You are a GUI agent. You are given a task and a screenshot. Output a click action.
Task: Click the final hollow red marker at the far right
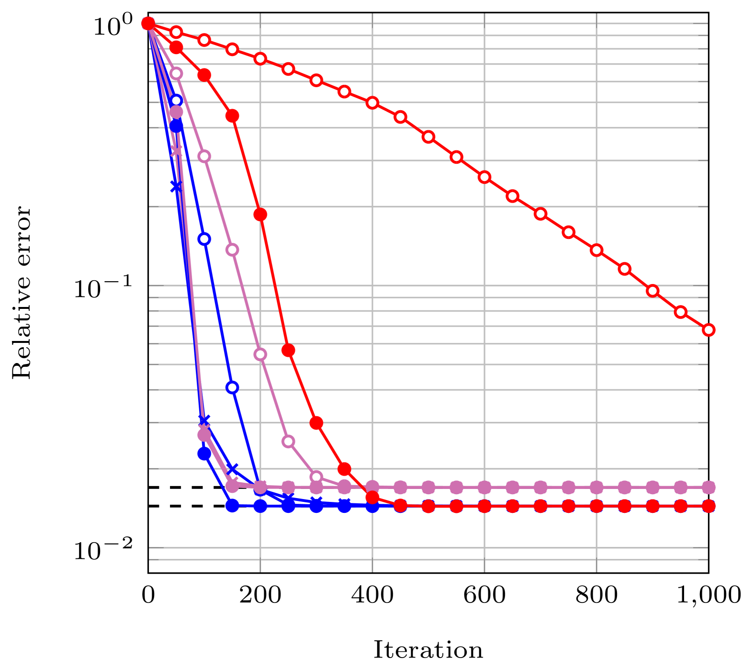[x=708, y=329]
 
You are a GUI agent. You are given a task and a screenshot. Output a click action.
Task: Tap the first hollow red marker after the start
[x=176, y=32]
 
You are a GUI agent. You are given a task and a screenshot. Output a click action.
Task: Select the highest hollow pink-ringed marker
[x=176, y=73]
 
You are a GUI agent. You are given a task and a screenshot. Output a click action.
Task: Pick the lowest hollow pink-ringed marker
[x=316, y=477]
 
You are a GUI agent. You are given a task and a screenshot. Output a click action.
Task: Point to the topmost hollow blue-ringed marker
[x=176, y=101]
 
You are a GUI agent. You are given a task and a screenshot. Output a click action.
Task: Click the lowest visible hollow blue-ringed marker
[x=232, y=387]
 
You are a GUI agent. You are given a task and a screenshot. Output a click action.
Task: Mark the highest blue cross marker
[x=176, y=186]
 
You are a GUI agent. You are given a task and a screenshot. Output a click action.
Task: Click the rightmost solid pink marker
[x=708, y=488]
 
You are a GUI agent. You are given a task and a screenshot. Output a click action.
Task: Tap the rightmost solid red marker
[x=708, y=506]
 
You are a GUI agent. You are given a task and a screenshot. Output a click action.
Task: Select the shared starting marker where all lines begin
[x=148, y=23]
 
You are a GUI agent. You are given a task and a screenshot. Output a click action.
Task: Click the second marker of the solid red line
[x=176, y=47]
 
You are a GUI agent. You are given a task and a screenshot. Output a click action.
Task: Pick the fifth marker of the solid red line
[x=260, y=214]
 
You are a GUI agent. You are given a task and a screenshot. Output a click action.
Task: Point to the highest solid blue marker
[x=176, y=125]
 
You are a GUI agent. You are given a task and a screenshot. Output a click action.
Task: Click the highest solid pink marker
[x=176, y=112]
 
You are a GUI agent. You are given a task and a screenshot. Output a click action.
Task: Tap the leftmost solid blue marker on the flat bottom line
[x=232, y=506]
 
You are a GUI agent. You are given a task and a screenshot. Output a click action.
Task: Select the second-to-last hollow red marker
[x=680, y=312]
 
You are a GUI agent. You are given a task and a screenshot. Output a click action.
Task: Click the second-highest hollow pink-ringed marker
[x=204, y=156]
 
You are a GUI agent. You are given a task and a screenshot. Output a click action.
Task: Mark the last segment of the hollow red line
[x=694, y=321]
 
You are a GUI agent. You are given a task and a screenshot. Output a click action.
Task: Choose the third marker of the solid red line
[x=204, y=75]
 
